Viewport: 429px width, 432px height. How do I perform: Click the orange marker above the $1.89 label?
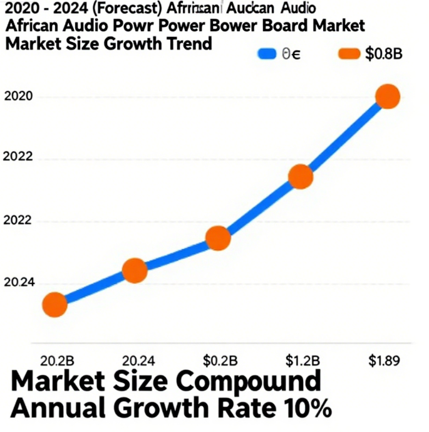pos(388,97)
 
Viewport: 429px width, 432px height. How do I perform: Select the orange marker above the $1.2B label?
pos(301,177)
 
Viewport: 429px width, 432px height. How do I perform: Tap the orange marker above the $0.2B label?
pos(218,238)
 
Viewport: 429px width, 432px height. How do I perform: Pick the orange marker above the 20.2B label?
pos(54,305)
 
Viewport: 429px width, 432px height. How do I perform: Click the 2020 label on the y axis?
pos(18,97)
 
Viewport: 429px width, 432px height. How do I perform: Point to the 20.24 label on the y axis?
pos(19,283)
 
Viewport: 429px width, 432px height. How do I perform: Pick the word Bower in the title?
pos(234,27)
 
